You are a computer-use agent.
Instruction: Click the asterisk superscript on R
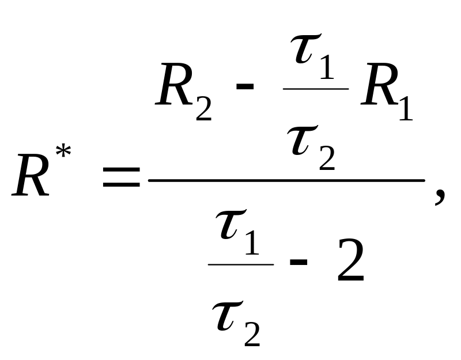(63, 151)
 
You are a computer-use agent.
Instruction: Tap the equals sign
(121, 177)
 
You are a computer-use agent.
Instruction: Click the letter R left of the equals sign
(31, 175)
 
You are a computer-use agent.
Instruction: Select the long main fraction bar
(286, 180)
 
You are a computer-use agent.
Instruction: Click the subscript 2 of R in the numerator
(204, 109)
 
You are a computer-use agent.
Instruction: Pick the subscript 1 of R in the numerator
(406, 109)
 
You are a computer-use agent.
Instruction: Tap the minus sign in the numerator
(244, 86)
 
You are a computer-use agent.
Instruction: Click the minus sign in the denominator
(298, 262)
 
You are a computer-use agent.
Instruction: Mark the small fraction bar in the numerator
(316, 89)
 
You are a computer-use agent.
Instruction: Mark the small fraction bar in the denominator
(241, 264)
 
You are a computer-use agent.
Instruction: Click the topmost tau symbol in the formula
(306, 48)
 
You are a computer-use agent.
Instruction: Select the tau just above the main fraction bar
(303, 140)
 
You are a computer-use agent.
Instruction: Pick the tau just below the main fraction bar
(231, 224)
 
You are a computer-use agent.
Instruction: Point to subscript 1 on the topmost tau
(327, 68)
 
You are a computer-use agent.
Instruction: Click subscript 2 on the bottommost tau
(252, 335)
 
